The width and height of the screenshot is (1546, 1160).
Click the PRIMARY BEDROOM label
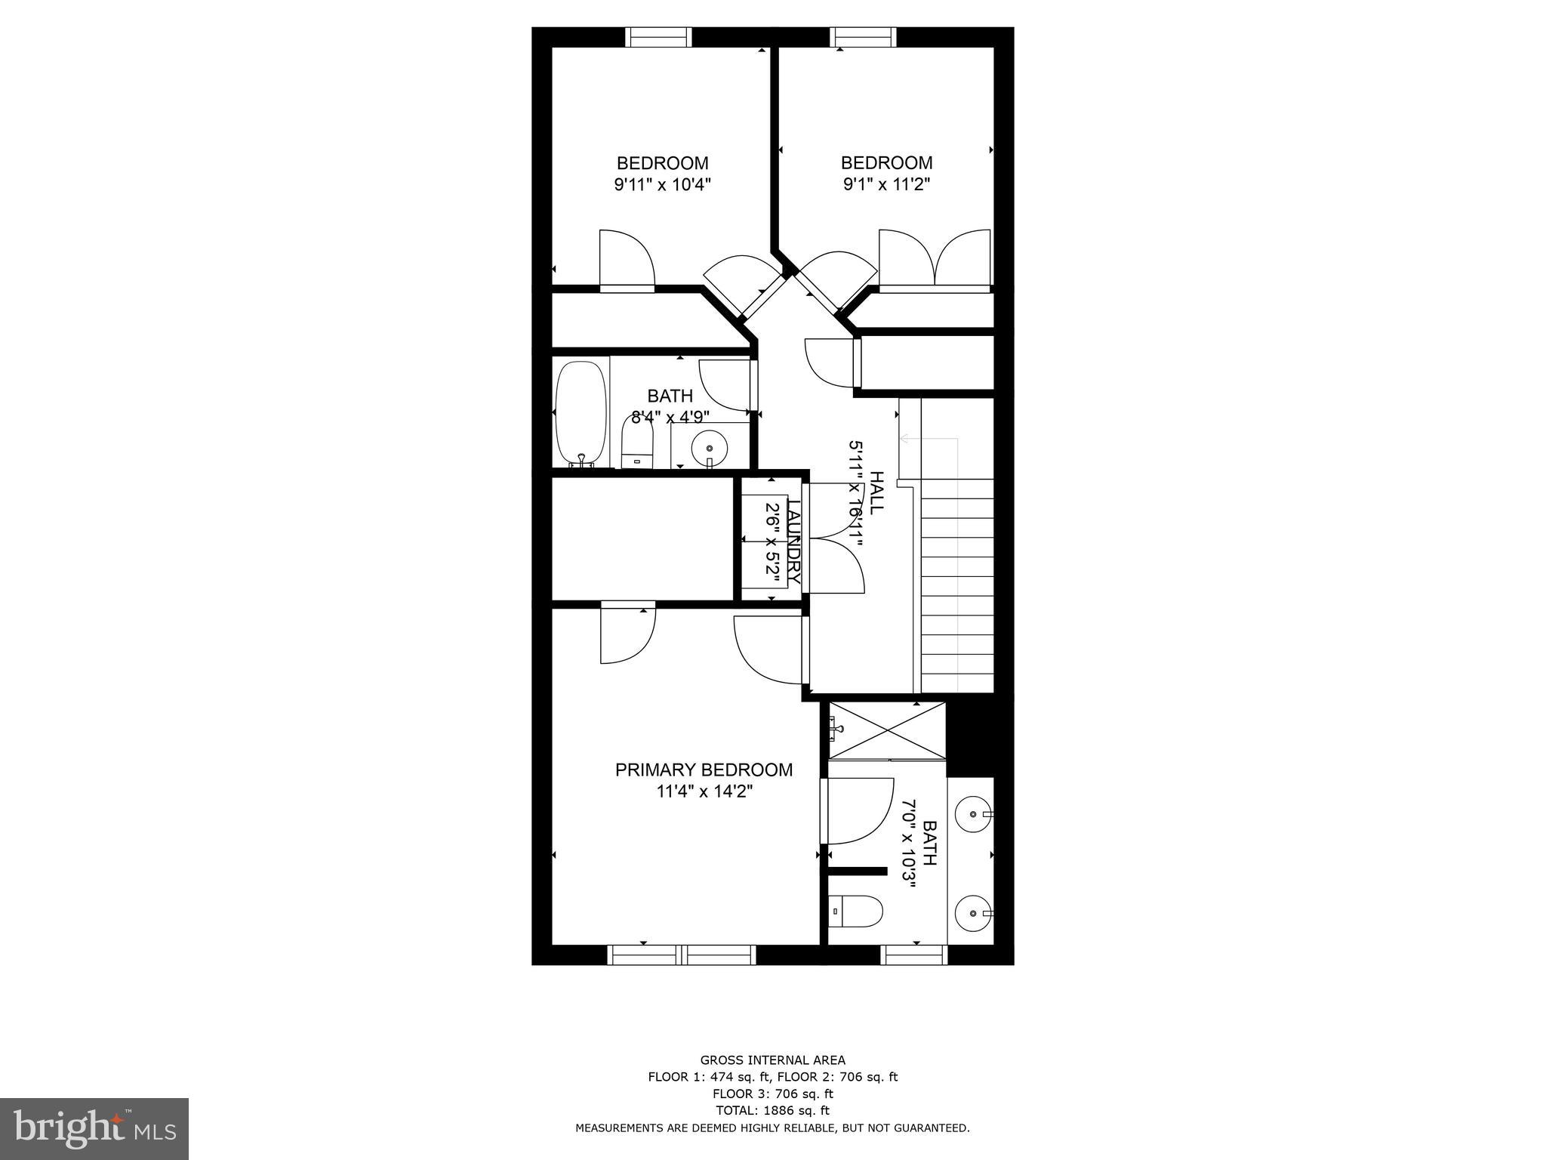pyautogui.click(x=704, y=770)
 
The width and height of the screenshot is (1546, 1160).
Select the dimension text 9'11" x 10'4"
pyautogui.click(x=662, y=184)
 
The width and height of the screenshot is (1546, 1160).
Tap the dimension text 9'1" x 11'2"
pyautogui.click(x=886, y=184)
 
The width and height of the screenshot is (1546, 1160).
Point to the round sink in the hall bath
pyautogui.click(x=709, y=448)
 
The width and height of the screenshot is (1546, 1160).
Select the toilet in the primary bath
pyautogui.click(x=856, y=911)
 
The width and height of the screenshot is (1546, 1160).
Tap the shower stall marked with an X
pyautogui.click(x=886, y=730)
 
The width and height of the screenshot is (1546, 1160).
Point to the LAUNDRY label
pyautogui.click(x=793, y=541)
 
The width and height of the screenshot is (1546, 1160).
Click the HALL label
pyautogui.click(x=876, y=492)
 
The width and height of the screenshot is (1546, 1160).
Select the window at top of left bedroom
pyautogui.click(x=658, y=37)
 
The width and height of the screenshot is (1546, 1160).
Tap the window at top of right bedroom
pyautogui.click(x=864, y=37)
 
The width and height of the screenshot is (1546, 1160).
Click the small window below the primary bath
pyautogui.click(x=914, y=955)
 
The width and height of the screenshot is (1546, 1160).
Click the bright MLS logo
pyautogui.click(x=94, y=1128)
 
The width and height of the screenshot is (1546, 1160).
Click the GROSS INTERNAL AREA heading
pyautogui.click(x=772, y=1060)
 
